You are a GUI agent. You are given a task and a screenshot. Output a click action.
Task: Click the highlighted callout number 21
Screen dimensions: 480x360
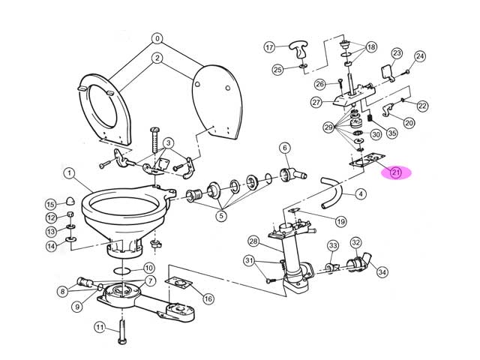396,172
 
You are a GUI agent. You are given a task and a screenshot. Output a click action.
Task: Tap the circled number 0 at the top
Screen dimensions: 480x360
157,38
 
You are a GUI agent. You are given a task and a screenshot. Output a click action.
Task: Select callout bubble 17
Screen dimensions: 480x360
269,47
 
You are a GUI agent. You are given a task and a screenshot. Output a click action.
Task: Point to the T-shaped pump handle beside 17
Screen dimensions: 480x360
298,50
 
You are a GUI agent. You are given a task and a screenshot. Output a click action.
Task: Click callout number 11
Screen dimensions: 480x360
100,328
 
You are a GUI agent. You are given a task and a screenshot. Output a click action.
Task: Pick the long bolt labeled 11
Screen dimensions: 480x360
122,331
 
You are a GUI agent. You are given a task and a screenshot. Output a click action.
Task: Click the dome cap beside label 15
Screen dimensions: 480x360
70,201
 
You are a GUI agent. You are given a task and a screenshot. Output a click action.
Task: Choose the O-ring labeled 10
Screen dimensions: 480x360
122,271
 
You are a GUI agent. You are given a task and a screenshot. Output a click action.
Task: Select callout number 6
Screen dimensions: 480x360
285,148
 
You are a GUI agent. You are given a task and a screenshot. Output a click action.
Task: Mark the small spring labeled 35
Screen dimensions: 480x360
370,118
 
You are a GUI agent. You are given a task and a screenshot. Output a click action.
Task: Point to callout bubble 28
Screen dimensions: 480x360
253,241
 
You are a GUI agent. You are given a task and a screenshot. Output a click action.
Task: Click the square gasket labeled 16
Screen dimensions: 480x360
178,283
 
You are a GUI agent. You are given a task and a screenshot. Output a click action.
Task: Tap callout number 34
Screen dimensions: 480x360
382,271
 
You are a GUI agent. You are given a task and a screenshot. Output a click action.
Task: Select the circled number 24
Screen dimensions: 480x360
420,56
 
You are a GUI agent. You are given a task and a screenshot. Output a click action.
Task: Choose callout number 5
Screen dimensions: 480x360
221,216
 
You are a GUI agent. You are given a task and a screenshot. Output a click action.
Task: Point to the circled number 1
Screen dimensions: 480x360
69,173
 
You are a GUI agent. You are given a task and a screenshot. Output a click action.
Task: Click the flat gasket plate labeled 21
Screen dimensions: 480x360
367,160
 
